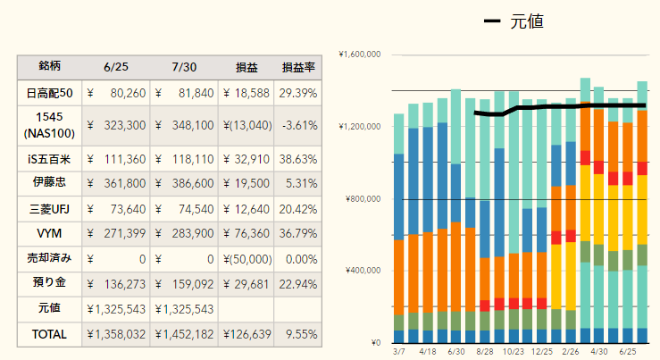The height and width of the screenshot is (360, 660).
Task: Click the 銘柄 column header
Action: pos(50,67)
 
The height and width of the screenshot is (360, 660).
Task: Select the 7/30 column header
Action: pos(184,67)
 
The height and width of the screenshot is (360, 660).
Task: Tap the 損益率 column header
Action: pos(297,67)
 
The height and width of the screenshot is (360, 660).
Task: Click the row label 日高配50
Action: pos(50,92)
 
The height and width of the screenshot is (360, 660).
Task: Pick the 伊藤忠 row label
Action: pos(50,184)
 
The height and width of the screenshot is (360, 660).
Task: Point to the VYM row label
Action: pos(50,234)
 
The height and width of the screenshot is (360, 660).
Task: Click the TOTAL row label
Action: pos(50,334)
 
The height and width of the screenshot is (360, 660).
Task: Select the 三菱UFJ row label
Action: pos(50,209)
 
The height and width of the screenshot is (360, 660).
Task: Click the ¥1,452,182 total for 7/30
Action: pos(184,334)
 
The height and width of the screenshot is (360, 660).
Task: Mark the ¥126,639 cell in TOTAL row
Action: pos(246,334)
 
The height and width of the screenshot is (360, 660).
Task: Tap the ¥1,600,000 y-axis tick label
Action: pos(360,54)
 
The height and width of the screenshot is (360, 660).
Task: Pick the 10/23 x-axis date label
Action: pos(513,352)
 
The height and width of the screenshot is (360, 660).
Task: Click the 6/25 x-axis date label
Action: pos(628,352)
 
